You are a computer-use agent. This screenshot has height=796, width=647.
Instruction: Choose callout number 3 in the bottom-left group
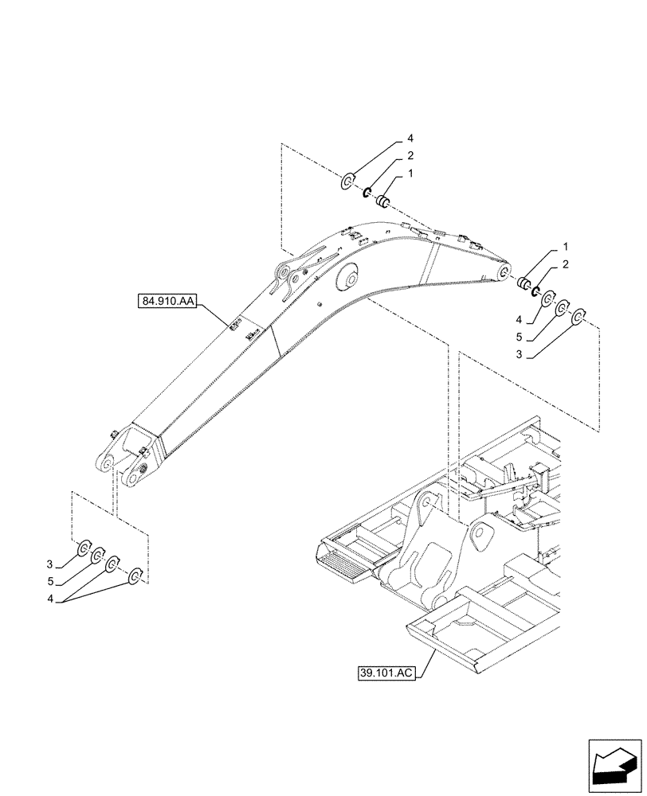(50, 564)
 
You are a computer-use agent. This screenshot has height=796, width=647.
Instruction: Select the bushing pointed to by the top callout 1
(383, 200)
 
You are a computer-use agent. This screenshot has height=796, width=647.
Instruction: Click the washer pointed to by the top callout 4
(348, 182)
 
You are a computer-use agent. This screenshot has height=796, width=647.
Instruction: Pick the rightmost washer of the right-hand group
(579, 318)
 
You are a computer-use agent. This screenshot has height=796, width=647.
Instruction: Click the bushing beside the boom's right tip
(523, 283)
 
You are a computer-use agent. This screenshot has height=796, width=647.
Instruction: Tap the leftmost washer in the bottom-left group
(83, 548)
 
